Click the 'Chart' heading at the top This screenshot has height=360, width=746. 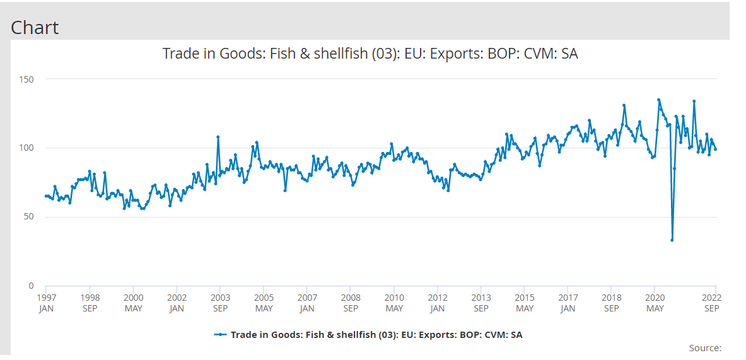point(35,27)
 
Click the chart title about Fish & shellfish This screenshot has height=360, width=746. point(370,54)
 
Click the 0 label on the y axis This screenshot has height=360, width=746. point(31,286)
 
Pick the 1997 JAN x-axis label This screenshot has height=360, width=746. point(46,303)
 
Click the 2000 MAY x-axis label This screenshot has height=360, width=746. point(133,303)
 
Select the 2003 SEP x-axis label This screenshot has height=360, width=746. point(220,303)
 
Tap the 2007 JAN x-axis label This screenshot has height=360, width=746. point(307,303)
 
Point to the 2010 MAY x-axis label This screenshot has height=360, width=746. point(394,303)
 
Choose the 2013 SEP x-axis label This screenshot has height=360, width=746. point(481,303)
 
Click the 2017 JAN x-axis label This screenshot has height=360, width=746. point(568,303)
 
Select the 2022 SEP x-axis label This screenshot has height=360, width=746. point(712,303)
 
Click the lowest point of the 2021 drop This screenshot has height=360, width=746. point(672,240)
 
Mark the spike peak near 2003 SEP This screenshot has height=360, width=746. point(218,137)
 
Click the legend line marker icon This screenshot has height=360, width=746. point(220,335)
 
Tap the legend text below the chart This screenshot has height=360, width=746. point(376,335)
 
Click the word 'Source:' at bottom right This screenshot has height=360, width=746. point(705,348)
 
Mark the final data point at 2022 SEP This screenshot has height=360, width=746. point(716,149)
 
